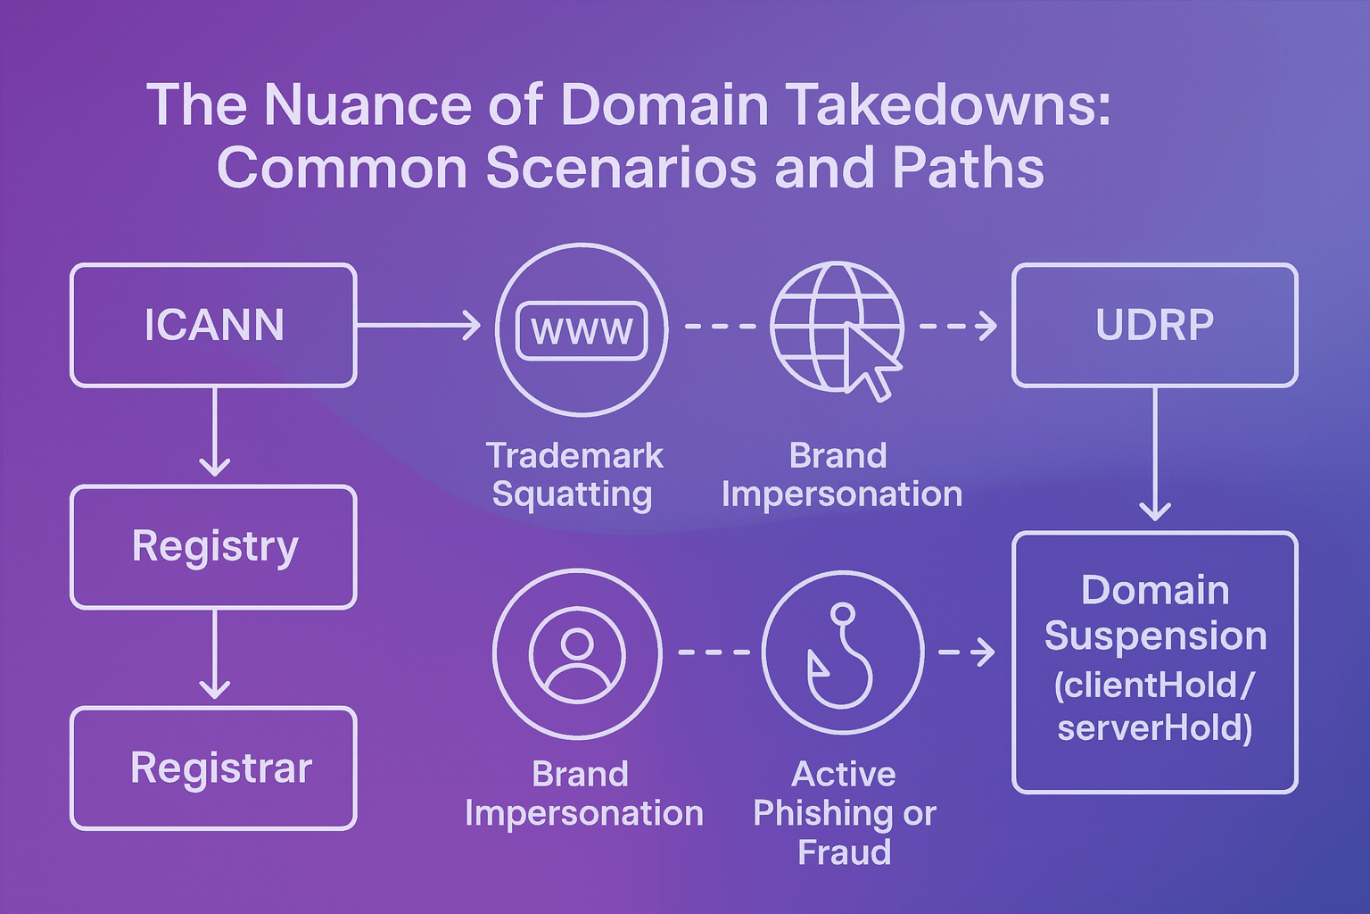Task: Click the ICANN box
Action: pyautogui.click(x=213, y=325)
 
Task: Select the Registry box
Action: pyautogui.click(x=213, y=546)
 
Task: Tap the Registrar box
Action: pyautogui.click(x=213, y=768)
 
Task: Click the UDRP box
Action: pyautogui.click(x=1154, y=325)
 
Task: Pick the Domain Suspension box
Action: pyautogui.click(x=1154, y=661)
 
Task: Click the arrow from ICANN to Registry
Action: pyautogui.click(x=214, y=433)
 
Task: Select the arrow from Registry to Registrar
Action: pyautogui.click(x=214, y=655)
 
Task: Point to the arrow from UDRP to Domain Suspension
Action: pyautogui.click(x=1155, y=455)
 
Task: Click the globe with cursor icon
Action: pyautogui.click(x=838, y=328)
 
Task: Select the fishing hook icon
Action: pyautogui.click(x=842, y=652)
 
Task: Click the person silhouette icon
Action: pyautogui.click(x=577, y=653)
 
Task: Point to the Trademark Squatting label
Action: pyautogui.click(x=574, y=475)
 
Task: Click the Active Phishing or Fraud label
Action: pyautogui.click(x=844, y=812)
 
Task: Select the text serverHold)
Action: pyautogui.click(x=1154, y=727)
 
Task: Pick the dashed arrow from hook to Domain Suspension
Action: pyautogui.click(x=968, y=652)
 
